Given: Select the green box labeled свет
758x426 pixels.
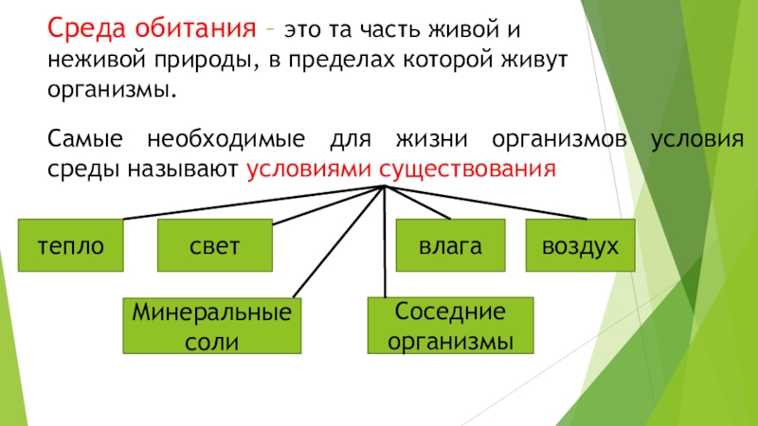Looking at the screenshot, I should pyautogui.click(x=213, y=246).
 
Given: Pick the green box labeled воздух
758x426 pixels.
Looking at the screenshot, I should pyautogui.click(x=580, y=246).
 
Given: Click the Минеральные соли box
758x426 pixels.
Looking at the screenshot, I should pyautogui.click(x=212, y=326).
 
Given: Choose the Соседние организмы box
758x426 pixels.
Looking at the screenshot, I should pyautogui.click(x=449, y=325).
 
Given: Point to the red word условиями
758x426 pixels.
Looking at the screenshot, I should pyautogui.click(x=308, y=169).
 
